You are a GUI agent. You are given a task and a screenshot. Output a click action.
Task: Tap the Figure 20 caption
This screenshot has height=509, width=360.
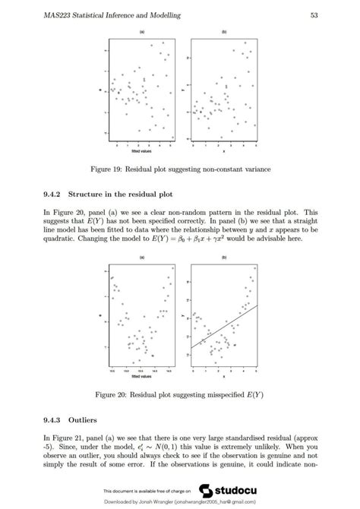click(180, 394)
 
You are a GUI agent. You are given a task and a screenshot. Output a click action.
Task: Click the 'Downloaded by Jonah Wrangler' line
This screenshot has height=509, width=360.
click(180, 502)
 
